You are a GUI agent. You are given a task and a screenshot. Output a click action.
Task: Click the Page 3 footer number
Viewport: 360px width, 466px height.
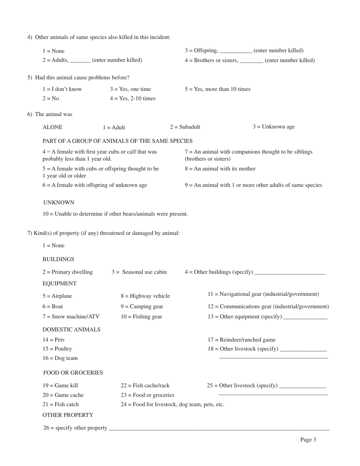coord(308,439)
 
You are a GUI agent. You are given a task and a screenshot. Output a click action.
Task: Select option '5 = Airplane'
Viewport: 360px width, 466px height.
coord(57,296)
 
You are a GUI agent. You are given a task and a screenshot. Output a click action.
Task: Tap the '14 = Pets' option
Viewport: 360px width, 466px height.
coord(53,339)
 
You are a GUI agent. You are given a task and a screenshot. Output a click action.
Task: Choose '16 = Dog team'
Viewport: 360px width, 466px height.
coord(60,358)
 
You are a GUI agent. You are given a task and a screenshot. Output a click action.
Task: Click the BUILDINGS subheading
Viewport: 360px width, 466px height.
coord(58,259)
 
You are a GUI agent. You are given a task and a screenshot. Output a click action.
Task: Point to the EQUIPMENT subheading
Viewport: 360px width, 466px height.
coord(59,283)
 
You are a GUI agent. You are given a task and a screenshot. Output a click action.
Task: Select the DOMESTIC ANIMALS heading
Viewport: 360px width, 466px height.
coord(71,329)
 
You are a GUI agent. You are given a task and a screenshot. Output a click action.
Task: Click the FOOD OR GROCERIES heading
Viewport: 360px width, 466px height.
coord(73,372)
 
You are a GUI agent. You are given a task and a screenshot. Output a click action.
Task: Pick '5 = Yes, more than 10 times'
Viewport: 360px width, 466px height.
coord(218,89)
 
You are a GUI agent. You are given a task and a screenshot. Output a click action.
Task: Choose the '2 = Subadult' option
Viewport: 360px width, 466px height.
coord(185,127)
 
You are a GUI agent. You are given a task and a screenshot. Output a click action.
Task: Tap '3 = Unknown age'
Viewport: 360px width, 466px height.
coord(274,127)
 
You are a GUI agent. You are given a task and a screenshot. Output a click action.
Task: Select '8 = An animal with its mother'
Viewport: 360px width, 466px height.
coord(220,169)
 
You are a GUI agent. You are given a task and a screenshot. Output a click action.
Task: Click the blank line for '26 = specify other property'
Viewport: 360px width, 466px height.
coord(219,428)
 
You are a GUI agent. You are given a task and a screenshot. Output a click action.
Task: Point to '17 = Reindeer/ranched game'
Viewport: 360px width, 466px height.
coord(241,339)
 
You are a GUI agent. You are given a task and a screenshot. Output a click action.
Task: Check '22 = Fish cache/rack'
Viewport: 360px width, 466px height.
coord(145,385)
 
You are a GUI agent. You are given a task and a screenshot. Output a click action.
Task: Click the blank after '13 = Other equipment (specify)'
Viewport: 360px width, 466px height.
coord(305,317)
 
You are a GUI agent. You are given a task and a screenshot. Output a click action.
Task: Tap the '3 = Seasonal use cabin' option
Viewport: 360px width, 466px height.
coord(139,272)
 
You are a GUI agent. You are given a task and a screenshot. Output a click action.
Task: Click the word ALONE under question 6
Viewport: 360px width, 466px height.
coord(53,127)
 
